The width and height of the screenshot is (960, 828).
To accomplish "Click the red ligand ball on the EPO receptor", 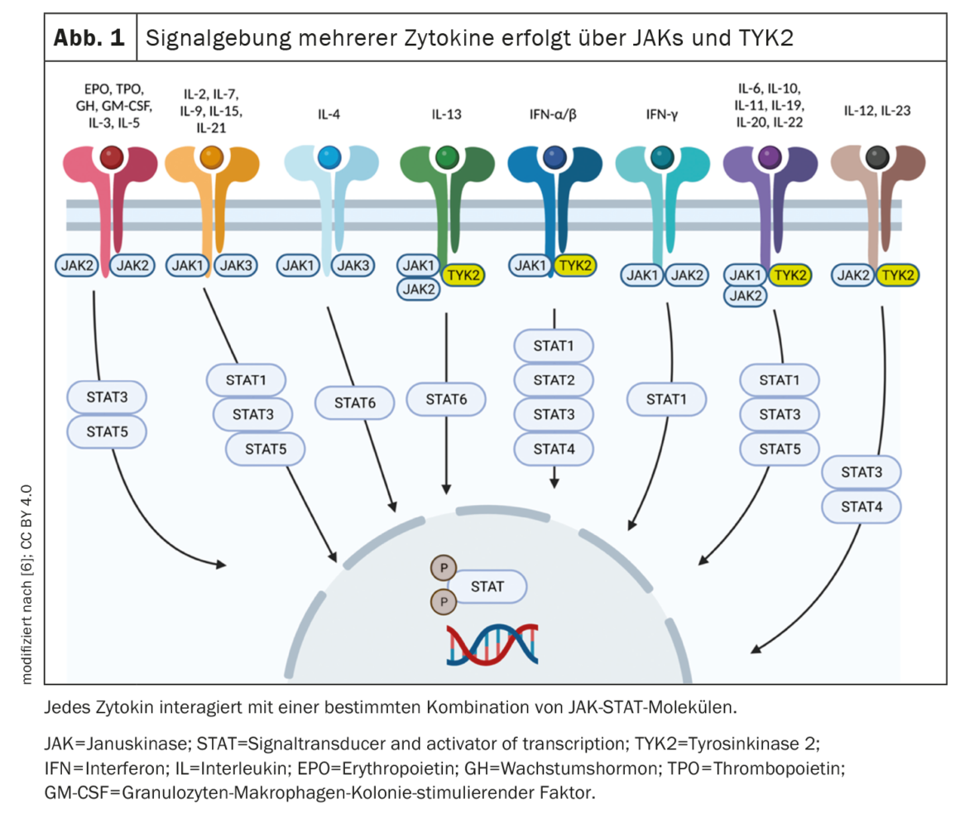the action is (112, 157).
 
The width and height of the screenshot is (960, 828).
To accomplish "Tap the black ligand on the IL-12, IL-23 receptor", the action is (877, 157).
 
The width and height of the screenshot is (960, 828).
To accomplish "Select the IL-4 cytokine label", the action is (329, 114).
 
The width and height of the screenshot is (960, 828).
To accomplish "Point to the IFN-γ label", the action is (662, 114).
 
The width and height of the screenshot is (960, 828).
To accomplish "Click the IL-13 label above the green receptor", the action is (446, 114).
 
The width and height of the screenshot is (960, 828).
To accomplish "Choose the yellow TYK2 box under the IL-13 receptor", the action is (463, 276).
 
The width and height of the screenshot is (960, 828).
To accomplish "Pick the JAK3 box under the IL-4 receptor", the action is (353, 266).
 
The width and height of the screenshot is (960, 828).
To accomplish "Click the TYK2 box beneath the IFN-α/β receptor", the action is (575, 266).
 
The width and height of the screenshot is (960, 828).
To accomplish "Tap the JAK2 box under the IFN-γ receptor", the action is (687, 276).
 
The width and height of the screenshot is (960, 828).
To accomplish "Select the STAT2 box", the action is (554, 380).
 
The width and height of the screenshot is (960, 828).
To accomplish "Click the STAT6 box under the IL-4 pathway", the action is (355, 403).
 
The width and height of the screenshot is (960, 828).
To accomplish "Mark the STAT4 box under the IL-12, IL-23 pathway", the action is (862, 507).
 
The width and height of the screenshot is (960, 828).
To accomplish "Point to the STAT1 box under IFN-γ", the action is (667, 399).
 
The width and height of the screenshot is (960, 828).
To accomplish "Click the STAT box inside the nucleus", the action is (488, 587).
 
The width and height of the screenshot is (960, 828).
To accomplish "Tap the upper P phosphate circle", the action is (444, 568).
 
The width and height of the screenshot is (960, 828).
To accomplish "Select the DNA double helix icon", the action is (493, 645).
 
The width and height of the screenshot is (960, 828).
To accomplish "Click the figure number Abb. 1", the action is (89, 38).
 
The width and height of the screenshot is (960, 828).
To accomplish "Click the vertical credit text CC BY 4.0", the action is (26, 517).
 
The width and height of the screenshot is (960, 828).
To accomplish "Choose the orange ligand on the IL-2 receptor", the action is (212, 157).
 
